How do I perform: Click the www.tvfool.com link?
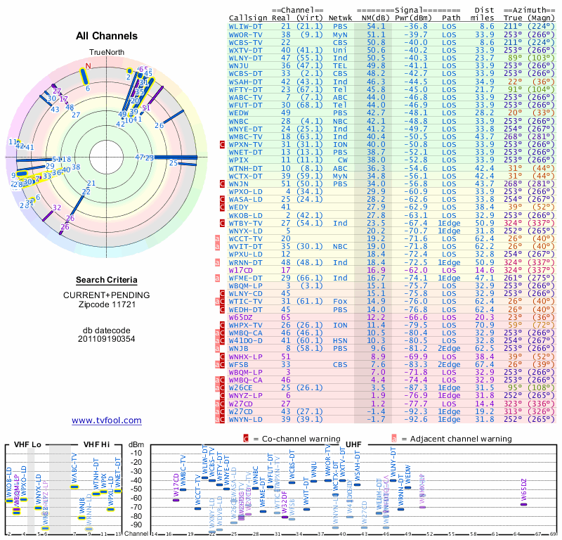[107, 420]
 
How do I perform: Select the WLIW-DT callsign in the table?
[246, 25]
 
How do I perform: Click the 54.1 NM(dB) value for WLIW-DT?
[376, 25]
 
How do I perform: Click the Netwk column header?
[341, 18]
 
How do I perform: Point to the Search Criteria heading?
[107, 279]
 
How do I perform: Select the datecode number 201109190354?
[107, 338]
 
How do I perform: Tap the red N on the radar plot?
[89, 66]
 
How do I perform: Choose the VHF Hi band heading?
[97, 444]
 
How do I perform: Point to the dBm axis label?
[136, 444]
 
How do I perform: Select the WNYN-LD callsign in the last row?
[246, 419]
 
